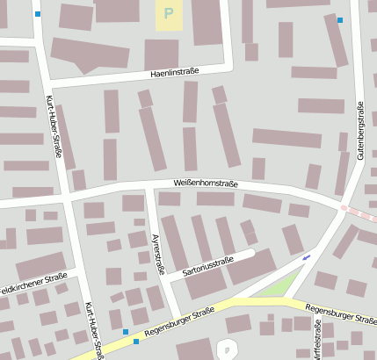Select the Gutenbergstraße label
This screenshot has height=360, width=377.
coord(360,130)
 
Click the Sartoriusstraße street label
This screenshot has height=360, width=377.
coord(208,266)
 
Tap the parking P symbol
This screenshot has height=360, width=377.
coord(168,14)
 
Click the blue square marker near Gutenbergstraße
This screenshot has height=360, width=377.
coord(340,19)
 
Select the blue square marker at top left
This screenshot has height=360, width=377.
coord(37,14)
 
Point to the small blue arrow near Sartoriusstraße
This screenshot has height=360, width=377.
coord(306,257)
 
